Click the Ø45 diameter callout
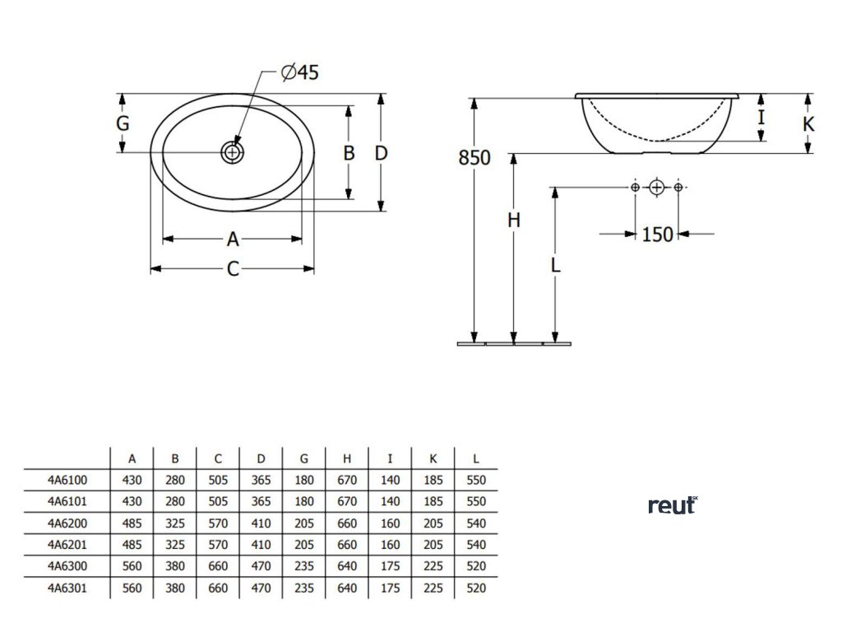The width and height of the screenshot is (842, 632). pos(299,72)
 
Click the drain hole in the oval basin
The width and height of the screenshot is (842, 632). pos(233,152)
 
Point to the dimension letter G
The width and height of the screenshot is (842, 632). pos(123,124)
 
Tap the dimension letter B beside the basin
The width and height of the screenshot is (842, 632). pos(349,152)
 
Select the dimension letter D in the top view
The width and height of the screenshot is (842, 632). pos(381,152)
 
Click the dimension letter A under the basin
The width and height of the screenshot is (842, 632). pos(233,239)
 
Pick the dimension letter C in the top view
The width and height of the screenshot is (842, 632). pos(233,269)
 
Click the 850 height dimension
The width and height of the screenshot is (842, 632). pos(474,157)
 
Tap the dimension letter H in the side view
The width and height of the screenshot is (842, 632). pos(514,221)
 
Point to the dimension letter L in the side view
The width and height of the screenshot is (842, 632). pos(556,265)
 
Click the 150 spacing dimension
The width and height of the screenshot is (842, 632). pos(657,235)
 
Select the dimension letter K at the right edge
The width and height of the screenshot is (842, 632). pos(808,124)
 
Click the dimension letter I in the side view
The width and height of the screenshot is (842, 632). pos(761,117)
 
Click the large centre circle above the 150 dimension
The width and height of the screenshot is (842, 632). pos(656,188)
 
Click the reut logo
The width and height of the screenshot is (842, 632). pos(672,505)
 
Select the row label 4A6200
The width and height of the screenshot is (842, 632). pos(67,522)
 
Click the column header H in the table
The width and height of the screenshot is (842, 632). pos(347,458)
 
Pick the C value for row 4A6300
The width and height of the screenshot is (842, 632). pos(218,566)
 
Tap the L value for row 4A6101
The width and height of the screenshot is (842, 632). pos(475,500)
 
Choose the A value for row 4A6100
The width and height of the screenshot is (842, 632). pos(132,479)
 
